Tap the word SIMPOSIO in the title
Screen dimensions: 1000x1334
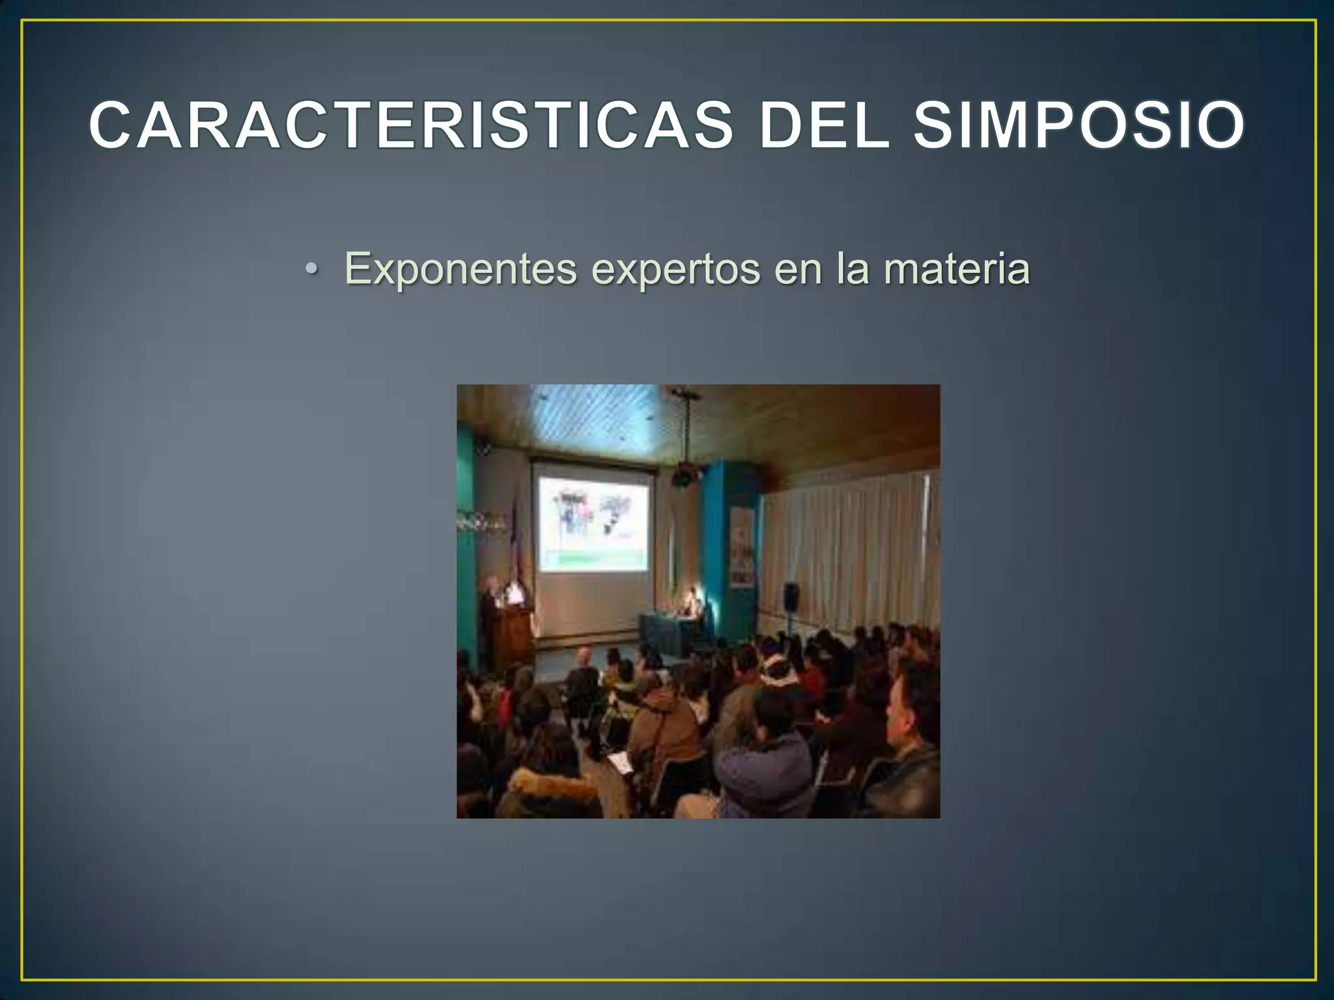pyautogui.click(x=1079, y=125)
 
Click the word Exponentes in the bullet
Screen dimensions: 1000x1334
pyautogui.click(x=461, y=268)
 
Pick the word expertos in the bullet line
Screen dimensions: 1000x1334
pyautogui.click(x=675, y=268)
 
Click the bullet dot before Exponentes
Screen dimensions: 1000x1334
pyautogui.click(x=312, y=270)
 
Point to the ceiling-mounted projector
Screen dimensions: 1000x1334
pyautogui.click(x=684, y=477)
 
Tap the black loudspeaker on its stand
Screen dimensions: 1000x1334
pyautogui.click(x=791, y=596)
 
